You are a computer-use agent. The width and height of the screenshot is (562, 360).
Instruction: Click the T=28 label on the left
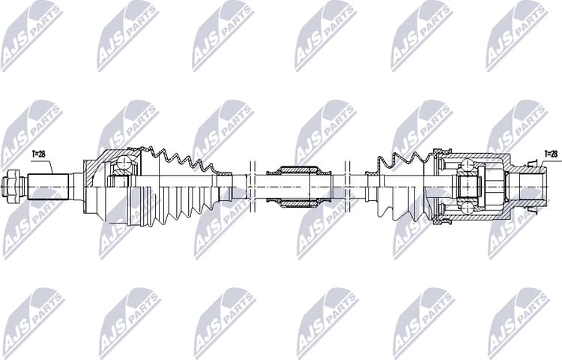(x=37, y=154)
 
